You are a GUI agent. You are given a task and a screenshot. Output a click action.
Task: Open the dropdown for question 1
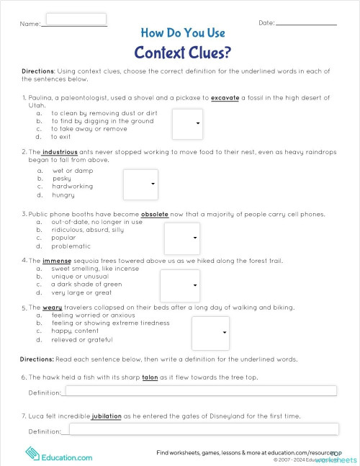point(187,123)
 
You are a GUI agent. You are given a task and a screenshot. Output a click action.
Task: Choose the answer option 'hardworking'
point(72,187)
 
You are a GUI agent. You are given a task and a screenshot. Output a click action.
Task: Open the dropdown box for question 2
point(140,184)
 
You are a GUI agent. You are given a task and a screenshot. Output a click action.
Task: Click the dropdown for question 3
point(182,238)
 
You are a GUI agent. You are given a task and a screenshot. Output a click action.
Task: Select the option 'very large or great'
point(81,292)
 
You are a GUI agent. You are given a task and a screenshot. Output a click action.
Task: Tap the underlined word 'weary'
point(52,307)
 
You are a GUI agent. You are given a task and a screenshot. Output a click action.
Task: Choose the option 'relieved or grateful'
point(83,339)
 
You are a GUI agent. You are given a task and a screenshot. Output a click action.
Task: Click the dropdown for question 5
point(210,332)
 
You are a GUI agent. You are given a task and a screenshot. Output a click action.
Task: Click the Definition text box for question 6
point(201,391)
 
